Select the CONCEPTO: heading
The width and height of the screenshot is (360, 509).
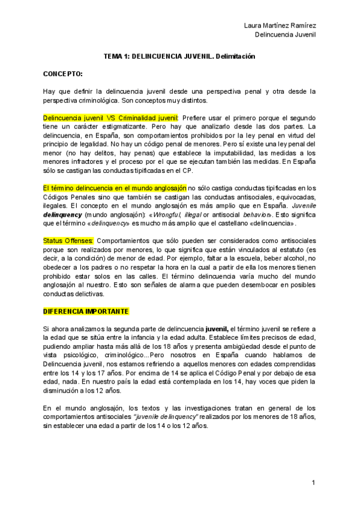coord(62,74)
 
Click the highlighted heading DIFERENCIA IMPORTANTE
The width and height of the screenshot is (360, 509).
coord(86,312)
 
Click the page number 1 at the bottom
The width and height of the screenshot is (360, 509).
coord(313,483)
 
